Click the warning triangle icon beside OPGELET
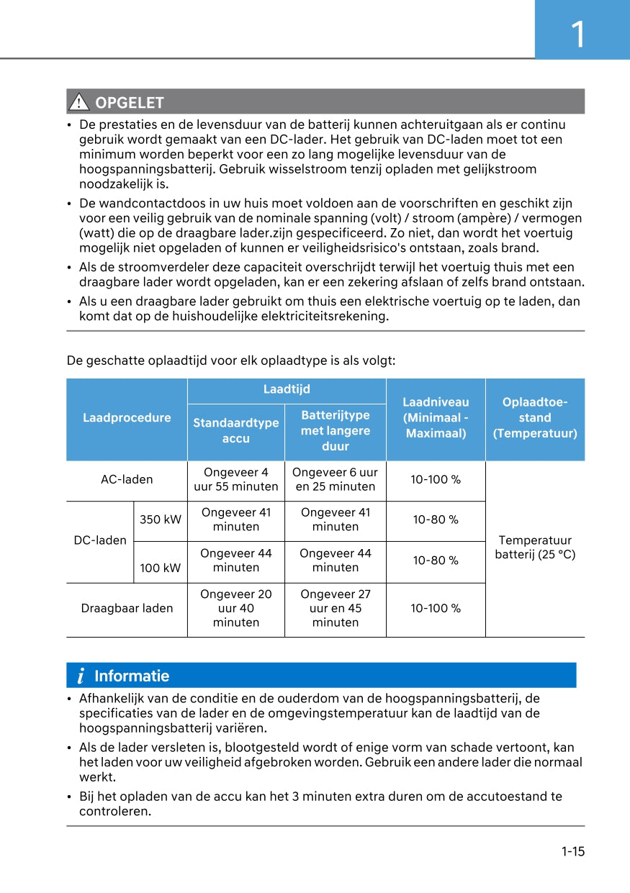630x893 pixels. coord(78,102)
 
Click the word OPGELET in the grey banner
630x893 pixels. coord(130,103)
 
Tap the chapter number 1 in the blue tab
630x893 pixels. coord(577,35)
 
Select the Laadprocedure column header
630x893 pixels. coord(127,418)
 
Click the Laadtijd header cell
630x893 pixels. coord(287,389)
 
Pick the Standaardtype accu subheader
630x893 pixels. coord(236,430)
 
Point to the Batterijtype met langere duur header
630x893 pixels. coord(336,430)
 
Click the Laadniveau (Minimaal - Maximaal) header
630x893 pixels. coord(436,418)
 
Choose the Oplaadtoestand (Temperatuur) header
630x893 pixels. coord(535,418)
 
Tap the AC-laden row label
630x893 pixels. coord(127,479)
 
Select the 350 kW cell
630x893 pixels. coord(161,520)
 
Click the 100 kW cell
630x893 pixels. coord(161,568)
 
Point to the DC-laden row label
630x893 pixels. coord(100,540)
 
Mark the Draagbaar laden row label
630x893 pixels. coord(127,609)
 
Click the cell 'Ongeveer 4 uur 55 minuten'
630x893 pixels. coord(236,479)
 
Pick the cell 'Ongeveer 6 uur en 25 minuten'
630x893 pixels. coord(336,479)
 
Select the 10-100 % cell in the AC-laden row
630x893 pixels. coord(436,479)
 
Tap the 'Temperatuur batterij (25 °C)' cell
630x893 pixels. coord(535,548)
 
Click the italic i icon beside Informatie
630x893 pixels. coord(81,676)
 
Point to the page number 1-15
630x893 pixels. coord(573,852)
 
